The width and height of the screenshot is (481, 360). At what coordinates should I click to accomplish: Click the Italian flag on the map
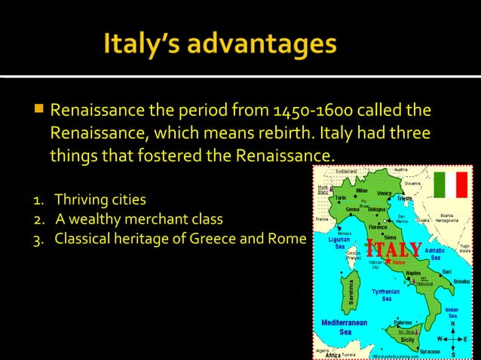[x=451, y=185]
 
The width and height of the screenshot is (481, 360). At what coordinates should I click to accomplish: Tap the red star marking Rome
[x=388, y=262]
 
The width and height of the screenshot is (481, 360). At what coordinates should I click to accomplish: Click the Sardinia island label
[x=350, y=294]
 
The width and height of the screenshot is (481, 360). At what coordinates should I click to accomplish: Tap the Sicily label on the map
[x=407, y=340]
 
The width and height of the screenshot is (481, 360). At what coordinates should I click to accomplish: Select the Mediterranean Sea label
[x=345, y=327]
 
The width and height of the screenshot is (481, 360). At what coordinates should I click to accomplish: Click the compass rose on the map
[x=452, y=339]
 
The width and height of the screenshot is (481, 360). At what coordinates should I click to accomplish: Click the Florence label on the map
[x=378, y=227]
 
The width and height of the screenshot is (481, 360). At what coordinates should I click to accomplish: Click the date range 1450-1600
[x=305, y=111]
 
